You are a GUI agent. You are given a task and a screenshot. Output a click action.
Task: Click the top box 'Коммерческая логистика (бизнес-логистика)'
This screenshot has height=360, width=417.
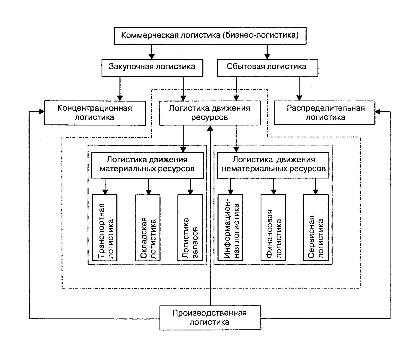tap(210, 36)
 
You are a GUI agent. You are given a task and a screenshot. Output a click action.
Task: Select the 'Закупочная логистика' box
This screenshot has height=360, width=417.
tap(152, 68)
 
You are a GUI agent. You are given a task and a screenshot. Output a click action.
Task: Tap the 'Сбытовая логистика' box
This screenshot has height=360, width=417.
tap(267, 68)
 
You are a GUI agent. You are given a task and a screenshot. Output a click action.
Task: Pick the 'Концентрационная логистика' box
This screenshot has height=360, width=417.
tap(95, 113)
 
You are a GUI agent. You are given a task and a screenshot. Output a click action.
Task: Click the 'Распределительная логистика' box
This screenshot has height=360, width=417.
tap(324, 113)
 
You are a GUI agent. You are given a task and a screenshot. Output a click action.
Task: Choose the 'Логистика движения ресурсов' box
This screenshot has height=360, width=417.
tap(210, 113)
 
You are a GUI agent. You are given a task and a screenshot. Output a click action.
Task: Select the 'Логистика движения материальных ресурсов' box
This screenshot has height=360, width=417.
tap(147, 165)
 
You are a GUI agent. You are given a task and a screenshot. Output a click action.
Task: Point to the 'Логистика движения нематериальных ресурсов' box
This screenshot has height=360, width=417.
tap(273, 165)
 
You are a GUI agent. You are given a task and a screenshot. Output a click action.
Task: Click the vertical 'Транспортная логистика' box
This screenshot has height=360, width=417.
tap(105, 228)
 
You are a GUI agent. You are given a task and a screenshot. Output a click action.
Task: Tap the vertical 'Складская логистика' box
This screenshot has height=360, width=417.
tap(148, 228)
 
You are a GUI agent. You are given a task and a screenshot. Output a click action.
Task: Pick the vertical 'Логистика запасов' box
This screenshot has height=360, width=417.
tap(190, 228)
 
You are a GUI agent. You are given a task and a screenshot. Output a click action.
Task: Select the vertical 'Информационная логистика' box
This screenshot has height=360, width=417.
tap(230, 228)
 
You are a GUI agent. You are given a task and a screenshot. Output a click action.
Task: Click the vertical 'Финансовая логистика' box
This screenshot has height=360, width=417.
tap(273, 228)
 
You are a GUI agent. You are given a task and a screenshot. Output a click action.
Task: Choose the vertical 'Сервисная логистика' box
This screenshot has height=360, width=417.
tap(316, 228)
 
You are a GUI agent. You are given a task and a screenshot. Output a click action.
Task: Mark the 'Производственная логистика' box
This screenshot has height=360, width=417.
tap(210, 318)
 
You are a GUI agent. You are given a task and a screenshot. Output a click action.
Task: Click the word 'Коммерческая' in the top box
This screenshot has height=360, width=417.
tap(150, 35)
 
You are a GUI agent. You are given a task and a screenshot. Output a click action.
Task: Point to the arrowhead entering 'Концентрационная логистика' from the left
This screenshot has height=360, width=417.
tap(42, 111)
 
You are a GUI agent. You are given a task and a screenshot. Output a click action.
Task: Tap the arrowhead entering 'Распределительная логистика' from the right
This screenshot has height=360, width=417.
tap(378, 111)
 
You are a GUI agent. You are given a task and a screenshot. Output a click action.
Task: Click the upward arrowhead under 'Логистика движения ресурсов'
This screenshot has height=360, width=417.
tap(210, 128)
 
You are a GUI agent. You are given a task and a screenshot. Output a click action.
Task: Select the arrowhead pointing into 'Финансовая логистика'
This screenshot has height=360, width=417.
tap(274, 192)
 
